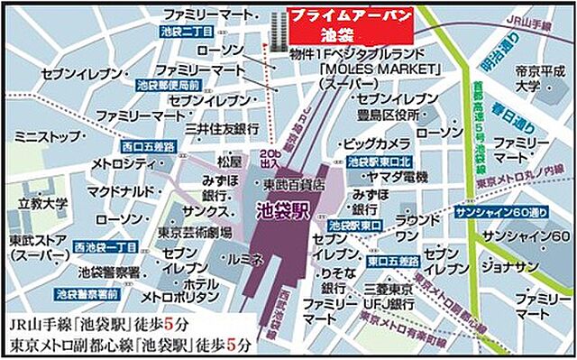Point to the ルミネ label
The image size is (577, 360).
pyautogui.click(x=247, y=258)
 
